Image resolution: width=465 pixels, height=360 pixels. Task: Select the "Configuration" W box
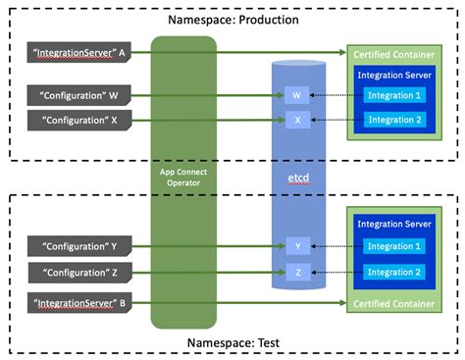pos(75,96)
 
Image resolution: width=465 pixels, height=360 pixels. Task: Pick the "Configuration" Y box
pos(75,244)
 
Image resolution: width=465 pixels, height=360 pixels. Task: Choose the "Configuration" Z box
pos(75,270)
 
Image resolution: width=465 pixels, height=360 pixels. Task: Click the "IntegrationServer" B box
pos(75,304)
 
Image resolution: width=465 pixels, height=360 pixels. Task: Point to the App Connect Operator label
pos(183,178)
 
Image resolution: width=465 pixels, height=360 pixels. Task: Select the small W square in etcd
pos(298,96)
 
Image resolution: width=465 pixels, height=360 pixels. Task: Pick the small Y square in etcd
pos(298,245)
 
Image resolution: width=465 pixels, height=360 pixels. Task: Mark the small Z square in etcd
pos(298,270)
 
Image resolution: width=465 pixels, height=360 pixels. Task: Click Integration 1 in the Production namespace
pos(397,95)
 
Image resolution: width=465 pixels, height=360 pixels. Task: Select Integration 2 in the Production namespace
pos(397,120)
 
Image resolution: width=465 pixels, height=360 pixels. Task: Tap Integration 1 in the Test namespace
pos(397,245)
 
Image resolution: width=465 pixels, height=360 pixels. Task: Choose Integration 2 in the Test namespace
pos(397,270)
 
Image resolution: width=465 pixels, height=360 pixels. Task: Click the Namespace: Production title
pos(232,20)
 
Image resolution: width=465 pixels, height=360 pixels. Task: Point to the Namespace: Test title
pos(232,342)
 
